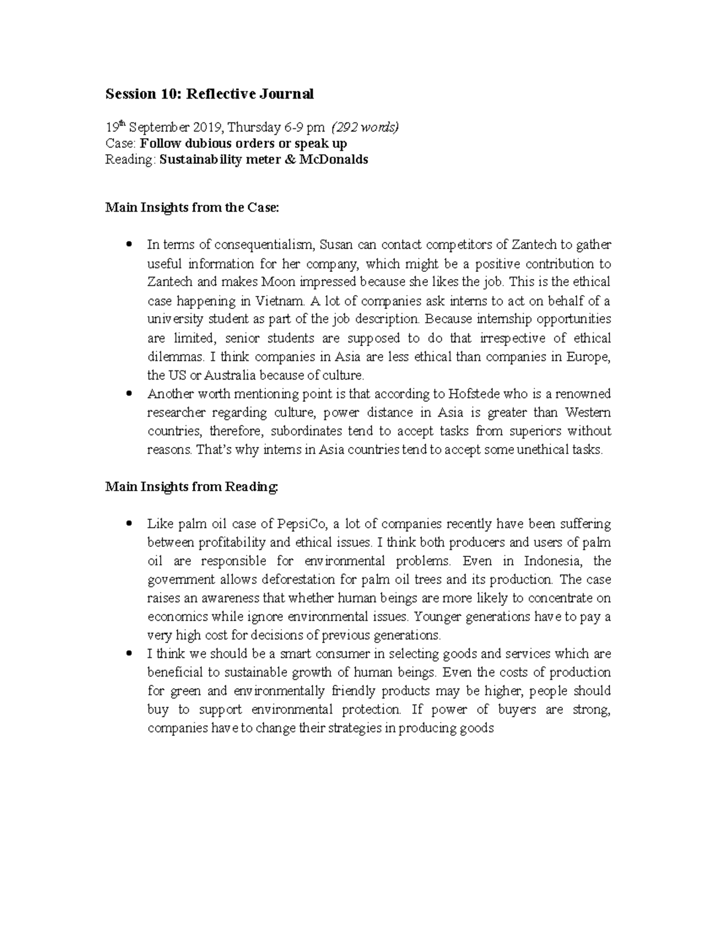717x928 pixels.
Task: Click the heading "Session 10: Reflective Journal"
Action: [x=209, y=94]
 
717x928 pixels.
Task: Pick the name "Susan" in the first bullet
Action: [x=336, y=244]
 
